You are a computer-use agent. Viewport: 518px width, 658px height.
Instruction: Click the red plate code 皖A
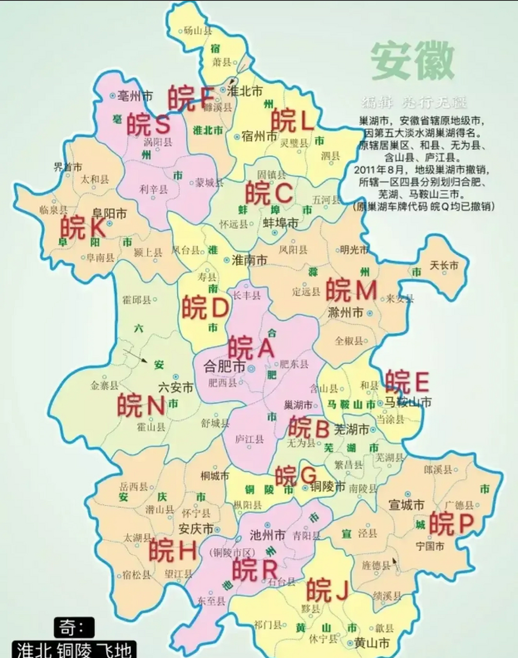coord(252,348)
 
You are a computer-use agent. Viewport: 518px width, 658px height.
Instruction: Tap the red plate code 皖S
coord(149,123)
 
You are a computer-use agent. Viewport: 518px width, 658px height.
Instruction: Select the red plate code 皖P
coord(451,523)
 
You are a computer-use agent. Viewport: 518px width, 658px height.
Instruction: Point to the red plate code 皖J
coord(327,589)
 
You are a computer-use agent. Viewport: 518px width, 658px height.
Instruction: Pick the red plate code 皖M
coord(352,290)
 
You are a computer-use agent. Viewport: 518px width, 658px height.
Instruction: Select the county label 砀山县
coord(198,31)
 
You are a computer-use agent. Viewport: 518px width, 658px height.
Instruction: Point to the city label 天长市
coord(443,265)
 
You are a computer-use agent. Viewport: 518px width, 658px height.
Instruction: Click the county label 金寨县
coord(104,386)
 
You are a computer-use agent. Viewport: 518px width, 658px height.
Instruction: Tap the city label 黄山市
coord(371,643)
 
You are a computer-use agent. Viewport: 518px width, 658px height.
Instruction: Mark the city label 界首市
coord(68,167)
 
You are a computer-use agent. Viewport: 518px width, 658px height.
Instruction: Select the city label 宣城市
coord(406,504)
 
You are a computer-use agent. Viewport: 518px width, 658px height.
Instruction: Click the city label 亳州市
coord(135,96)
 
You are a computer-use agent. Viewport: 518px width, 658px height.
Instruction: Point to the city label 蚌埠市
coord(280,223)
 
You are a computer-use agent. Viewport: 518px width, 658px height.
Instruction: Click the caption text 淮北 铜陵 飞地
coord(74,649)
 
